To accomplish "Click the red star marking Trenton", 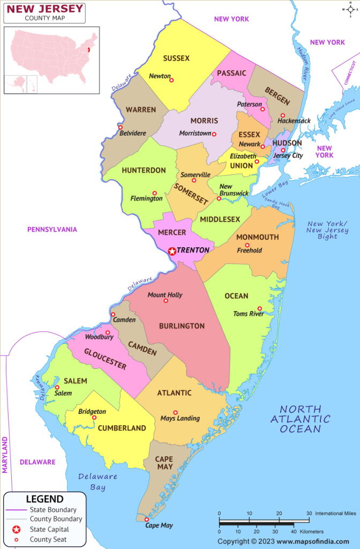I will pyautogui.click(x=172, y=250).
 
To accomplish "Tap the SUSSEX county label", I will pyautogui.click(x=176, y=58).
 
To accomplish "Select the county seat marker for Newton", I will pyautogui.click(x=171, y=80).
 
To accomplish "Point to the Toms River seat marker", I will pyautogui.click(x=259, y=308).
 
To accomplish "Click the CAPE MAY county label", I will pyautogui.click(x=164, y=463).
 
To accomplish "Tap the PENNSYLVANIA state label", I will pyautogui.click(x=52, y=229).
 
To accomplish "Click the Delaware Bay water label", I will pyautogui.click(x=97, y=481).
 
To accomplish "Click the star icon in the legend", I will pyautogui.click(x=16, y=529).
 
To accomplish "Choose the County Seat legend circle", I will pyautogui.click(x=16, y=539).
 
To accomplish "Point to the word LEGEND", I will pyautogui.click(x=44, y=499).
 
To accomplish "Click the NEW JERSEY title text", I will pyautogui.click(x=44, y=8).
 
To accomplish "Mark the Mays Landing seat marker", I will pyautogui.click(x=175, y=412).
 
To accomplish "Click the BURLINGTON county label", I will pyautogui.click(x=182, y=325).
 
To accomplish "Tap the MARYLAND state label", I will pyautogui.click(x=6, y=455).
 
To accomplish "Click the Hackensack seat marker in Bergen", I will pyautogui.click(x=282, y=115).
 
